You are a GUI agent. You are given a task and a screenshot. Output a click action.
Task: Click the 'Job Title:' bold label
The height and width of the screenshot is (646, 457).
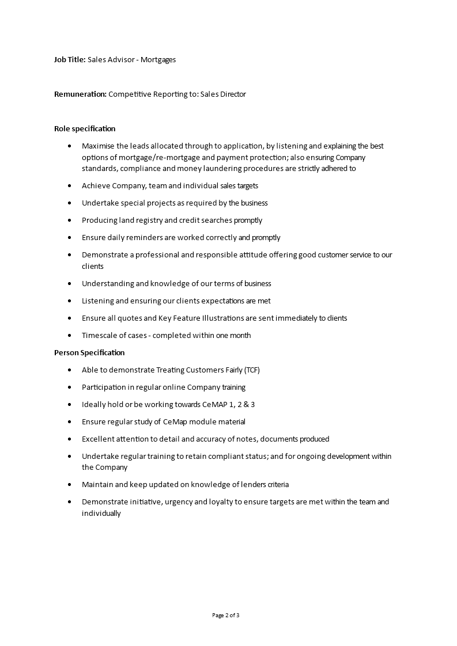70,59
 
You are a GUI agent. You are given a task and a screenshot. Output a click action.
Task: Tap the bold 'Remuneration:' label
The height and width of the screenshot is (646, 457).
80,94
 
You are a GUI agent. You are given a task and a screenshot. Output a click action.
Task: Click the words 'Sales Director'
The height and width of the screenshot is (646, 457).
223,94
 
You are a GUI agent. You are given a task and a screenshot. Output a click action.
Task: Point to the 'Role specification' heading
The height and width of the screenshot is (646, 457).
85,128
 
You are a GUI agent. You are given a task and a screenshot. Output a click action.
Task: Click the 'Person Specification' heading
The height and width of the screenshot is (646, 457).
89,352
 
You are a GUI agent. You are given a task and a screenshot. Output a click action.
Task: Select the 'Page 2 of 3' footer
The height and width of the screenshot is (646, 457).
226,615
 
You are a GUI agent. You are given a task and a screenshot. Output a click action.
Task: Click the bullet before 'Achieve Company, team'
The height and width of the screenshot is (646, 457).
70,186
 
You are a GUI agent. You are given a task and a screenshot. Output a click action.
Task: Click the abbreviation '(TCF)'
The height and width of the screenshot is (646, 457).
256,370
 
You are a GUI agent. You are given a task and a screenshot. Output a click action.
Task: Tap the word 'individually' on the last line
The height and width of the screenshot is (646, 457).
101,513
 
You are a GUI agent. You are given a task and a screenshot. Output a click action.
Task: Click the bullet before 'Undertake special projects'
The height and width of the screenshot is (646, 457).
70,203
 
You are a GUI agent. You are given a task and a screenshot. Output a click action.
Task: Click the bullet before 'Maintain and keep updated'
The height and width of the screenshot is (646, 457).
70,485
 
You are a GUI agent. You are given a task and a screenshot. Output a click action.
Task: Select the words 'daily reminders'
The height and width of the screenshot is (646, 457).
129,237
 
